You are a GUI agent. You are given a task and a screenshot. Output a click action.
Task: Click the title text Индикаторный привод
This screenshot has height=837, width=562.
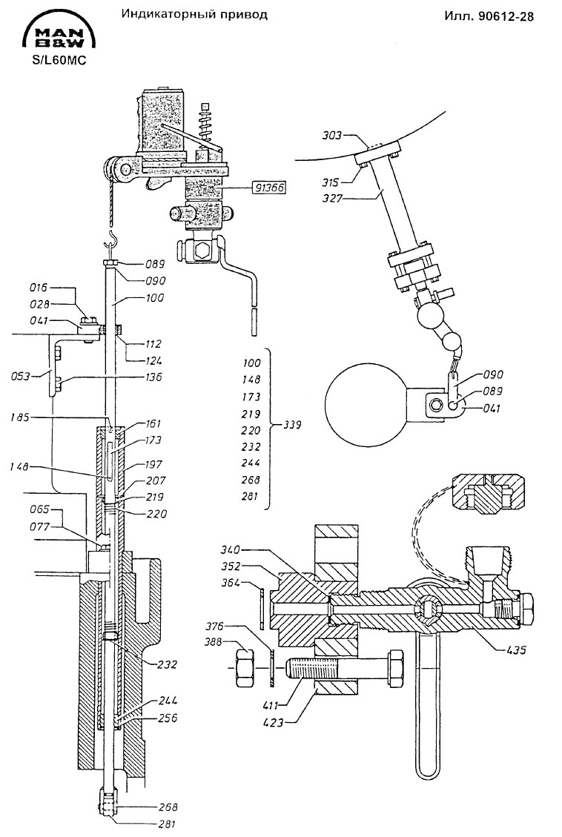coord(194,14)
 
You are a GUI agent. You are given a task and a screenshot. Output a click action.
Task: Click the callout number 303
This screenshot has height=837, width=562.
coord(331,136)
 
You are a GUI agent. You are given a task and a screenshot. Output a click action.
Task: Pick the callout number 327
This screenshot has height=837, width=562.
coord(331,199)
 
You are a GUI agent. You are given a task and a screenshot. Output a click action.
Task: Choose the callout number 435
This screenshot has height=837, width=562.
coord(515,650)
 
